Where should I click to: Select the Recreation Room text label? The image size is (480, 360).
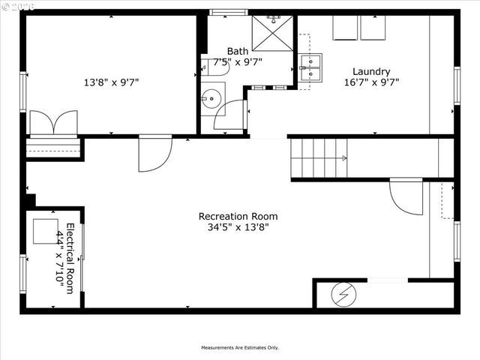(x=237, y=216)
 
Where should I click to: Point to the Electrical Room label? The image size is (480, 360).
(x=70, y=258)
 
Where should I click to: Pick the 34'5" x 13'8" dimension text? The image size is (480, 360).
(x=237, y=226)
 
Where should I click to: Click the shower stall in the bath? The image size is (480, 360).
(x=271, y=32)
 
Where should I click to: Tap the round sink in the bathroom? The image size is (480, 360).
(x=211, y=97)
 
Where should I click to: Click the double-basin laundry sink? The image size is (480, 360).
(x=310, y=67)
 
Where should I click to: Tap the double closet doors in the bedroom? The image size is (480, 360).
(x=53, y=123)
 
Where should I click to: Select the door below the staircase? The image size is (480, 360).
(x=406, y=195)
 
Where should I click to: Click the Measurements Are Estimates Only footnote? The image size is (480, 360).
(x=239, y=347)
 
